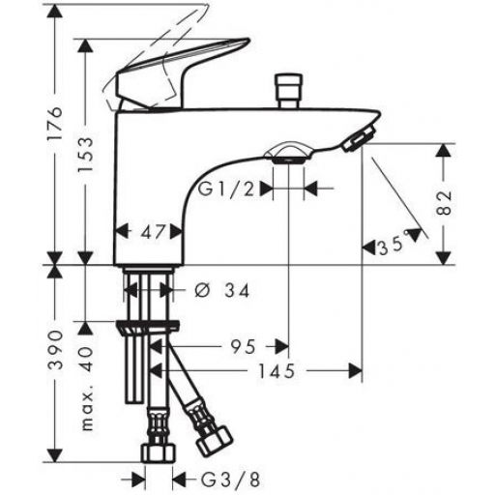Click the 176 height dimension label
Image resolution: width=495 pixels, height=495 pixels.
(x=54, y=123)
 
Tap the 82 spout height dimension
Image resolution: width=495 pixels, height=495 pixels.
(x=445, y=203)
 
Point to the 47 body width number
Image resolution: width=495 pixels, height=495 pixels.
(x=153, y=232)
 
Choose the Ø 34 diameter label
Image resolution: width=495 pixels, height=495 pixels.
(x=222, y=291)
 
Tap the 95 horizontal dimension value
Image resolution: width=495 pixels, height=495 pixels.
(x=244, y=347)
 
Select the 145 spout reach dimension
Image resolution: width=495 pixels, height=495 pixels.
(x=277, y=370)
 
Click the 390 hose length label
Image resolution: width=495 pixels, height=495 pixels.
(x=54, y=349)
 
